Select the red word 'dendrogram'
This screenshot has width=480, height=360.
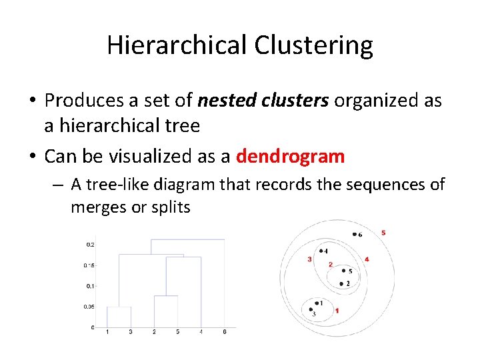(291, 157)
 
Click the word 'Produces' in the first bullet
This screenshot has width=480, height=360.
(83, 100)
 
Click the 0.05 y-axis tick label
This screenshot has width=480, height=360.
(89, 307)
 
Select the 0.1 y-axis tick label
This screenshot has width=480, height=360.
(90, 286)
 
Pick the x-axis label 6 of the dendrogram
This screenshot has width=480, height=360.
(225, 332)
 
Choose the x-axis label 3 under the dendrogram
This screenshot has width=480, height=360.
(131, 332)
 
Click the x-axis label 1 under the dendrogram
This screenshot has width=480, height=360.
(107, 332)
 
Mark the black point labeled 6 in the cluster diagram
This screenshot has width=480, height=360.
(353, 234)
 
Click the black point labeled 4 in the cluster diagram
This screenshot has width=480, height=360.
(320, 251)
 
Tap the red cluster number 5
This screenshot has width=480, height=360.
(383, 233)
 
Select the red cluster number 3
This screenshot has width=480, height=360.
(309, 259)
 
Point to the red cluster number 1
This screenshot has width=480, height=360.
(337, 311)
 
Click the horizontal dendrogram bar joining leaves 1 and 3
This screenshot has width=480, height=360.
(119, 307)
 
